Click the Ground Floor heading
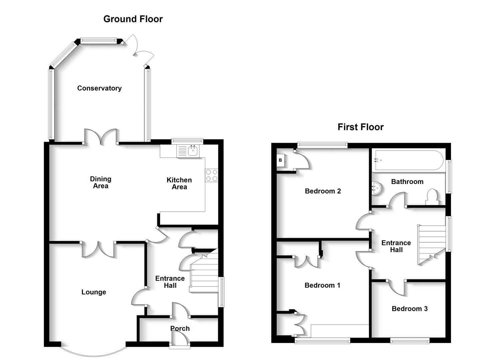[x=133, y=19]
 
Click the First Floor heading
[x=360, y=127]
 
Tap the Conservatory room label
[x=99, y=88]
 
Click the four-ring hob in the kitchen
[x=212, y=175]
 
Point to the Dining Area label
[x=101, y=182]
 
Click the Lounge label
[x=94, y=292]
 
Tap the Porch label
[x=180, y=328]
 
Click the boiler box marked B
[x=280, y=160]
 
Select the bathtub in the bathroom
[x=409, y=160]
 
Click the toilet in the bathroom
[x=432, y=197]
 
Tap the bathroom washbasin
[x=377, y=188]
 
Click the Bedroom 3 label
[x=409, y=309]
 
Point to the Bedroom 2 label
[x=323, y=191]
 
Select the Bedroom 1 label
[x=322, y=285]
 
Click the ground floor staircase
[x=204, y=275]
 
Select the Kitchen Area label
[x=179, y=183]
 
